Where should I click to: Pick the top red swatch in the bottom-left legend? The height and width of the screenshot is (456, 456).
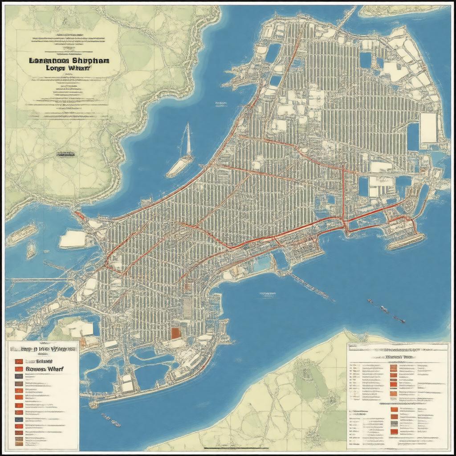coord(19,361)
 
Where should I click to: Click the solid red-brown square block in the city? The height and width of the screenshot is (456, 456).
coord(176,333)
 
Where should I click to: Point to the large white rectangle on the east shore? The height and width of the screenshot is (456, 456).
coord(429,128)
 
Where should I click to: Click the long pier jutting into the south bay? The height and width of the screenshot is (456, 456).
coord(312,287)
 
